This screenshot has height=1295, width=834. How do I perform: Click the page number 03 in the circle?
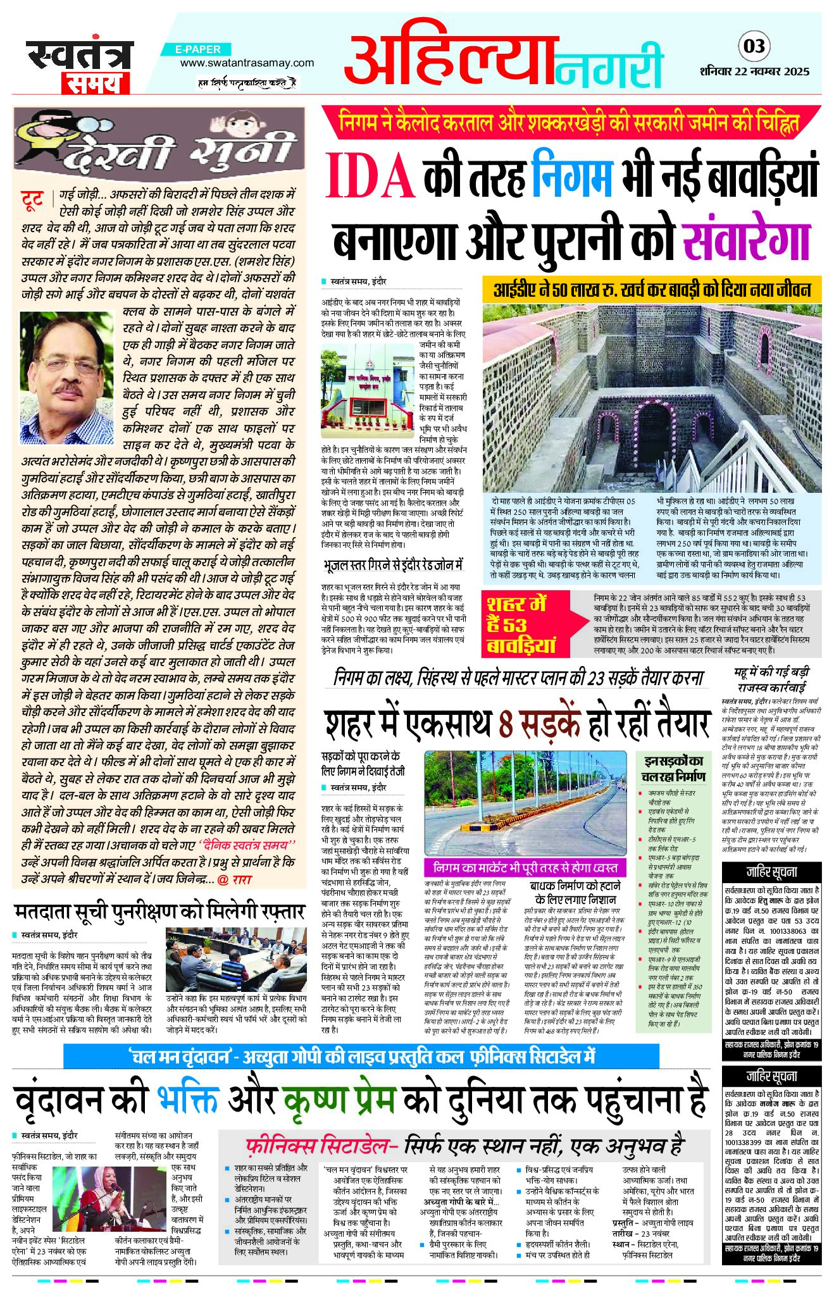coord(754,46)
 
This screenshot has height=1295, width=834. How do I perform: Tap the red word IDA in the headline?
coord(370,178)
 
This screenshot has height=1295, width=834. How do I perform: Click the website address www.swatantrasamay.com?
coord(247,63)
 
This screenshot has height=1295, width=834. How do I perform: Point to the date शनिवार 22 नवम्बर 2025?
coord(754,71)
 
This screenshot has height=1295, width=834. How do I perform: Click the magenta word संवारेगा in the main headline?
coord(747,237)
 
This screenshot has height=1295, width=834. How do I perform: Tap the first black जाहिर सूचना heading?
coord(771,871)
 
